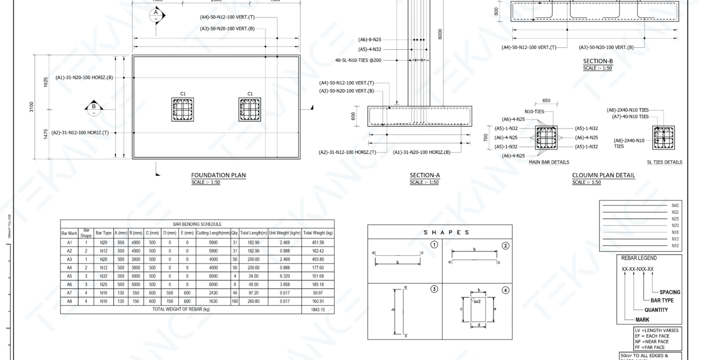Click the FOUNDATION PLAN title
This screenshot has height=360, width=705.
pos(218,175)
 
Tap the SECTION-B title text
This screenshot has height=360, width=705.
pos(597,61)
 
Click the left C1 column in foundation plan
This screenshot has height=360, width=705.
pos(182,109)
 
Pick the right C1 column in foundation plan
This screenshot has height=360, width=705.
pos(250,109)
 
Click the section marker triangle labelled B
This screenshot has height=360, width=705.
pos(93,106)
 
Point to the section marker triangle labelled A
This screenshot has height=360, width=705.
pos(156,14)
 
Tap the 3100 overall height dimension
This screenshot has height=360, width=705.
pos(32,107)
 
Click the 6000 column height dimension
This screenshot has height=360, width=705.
pos(439,33)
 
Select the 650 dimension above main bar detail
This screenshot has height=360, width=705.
pos(546,100)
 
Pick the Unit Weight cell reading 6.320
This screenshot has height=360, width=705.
pos(284,276)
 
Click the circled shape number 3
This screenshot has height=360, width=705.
pos(434,289)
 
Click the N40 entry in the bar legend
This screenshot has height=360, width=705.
pos(675,205)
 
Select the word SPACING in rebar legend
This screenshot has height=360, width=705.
pos(669,292)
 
